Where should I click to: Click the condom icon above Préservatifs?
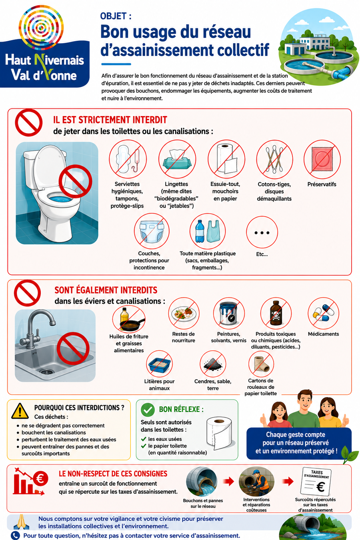coord(322,159)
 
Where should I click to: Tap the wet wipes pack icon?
coord(177,159)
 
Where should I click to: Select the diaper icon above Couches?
coord(152,231)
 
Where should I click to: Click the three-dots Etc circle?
coord(262,233)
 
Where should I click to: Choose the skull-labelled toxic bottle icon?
coord(276,313)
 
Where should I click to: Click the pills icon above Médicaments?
coord(323,313)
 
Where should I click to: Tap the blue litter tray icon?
coord(159,364)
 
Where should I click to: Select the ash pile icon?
coord(213,364)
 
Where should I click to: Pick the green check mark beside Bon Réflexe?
coord(148,410)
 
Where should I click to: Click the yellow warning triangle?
coord(20,411)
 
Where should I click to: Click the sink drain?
coord(46,372)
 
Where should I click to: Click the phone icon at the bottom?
coord(16,536)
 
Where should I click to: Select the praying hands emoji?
coord(22,522)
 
